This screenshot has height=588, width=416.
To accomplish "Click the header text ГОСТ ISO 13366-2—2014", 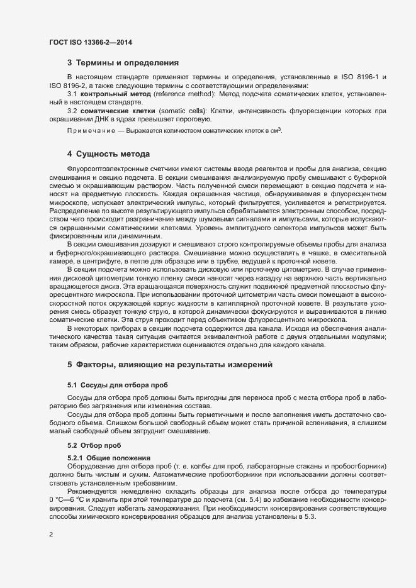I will coord(91,43).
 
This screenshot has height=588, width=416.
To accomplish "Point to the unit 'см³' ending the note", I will coord(276,130).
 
